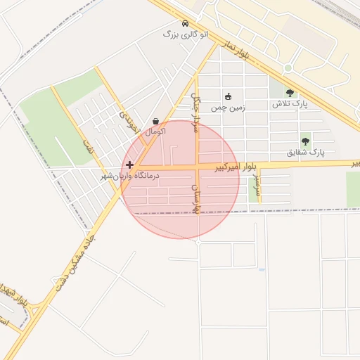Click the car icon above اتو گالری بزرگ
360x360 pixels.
point(185,23)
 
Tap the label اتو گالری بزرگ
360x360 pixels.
point(185,34)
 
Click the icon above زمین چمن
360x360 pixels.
point(228,97)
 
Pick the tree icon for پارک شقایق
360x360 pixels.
point(305,141)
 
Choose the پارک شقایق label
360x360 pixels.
point(306,152)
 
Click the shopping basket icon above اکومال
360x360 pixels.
point(155,121)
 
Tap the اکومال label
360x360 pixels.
point(155,131)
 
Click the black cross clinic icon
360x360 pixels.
point(129,164)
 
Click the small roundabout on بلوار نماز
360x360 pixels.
point(288,68)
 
